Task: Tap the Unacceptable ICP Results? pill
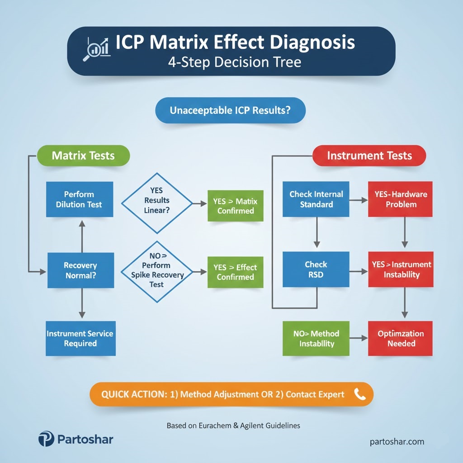coord(230,110)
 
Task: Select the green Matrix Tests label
coord(83,156)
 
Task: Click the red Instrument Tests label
coord(369,156)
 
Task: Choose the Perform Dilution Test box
coord(80,199)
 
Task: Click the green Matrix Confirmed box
coord(235,205)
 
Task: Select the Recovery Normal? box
coord(80,270)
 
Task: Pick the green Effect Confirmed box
coord(235,272)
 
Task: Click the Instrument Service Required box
coord(80,338)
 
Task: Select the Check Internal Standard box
coord(316,199)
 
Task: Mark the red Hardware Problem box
coord(401,199)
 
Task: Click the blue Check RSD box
coord(316,269)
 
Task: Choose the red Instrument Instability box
coord(401,269)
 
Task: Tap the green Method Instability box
coord(317,338)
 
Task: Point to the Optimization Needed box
coord(401,338)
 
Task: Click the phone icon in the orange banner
coord(360,394)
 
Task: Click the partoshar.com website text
coord(397,442)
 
